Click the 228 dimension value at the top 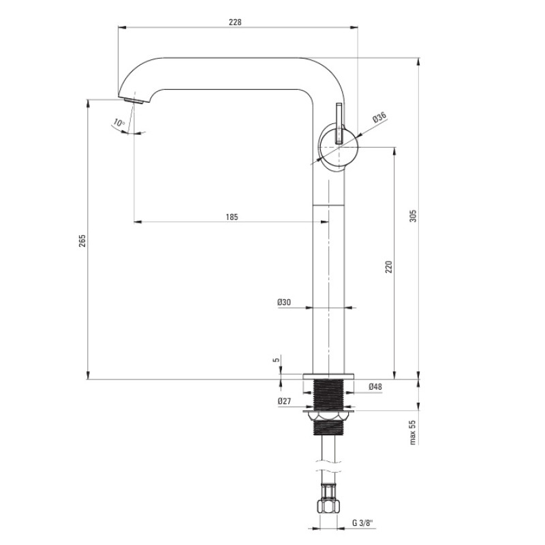tap(235, 22)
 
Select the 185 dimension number tap(232, 217)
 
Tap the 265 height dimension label tap(82, 240)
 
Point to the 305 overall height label tap(413, 215)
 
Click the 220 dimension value tap(388, 266)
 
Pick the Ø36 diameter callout tap(379, 117)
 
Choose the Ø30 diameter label tap(284, 302)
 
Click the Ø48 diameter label tap(375, 386)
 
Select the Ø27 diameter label tap(284, 401)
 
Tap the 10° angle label tap(119, 123)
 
